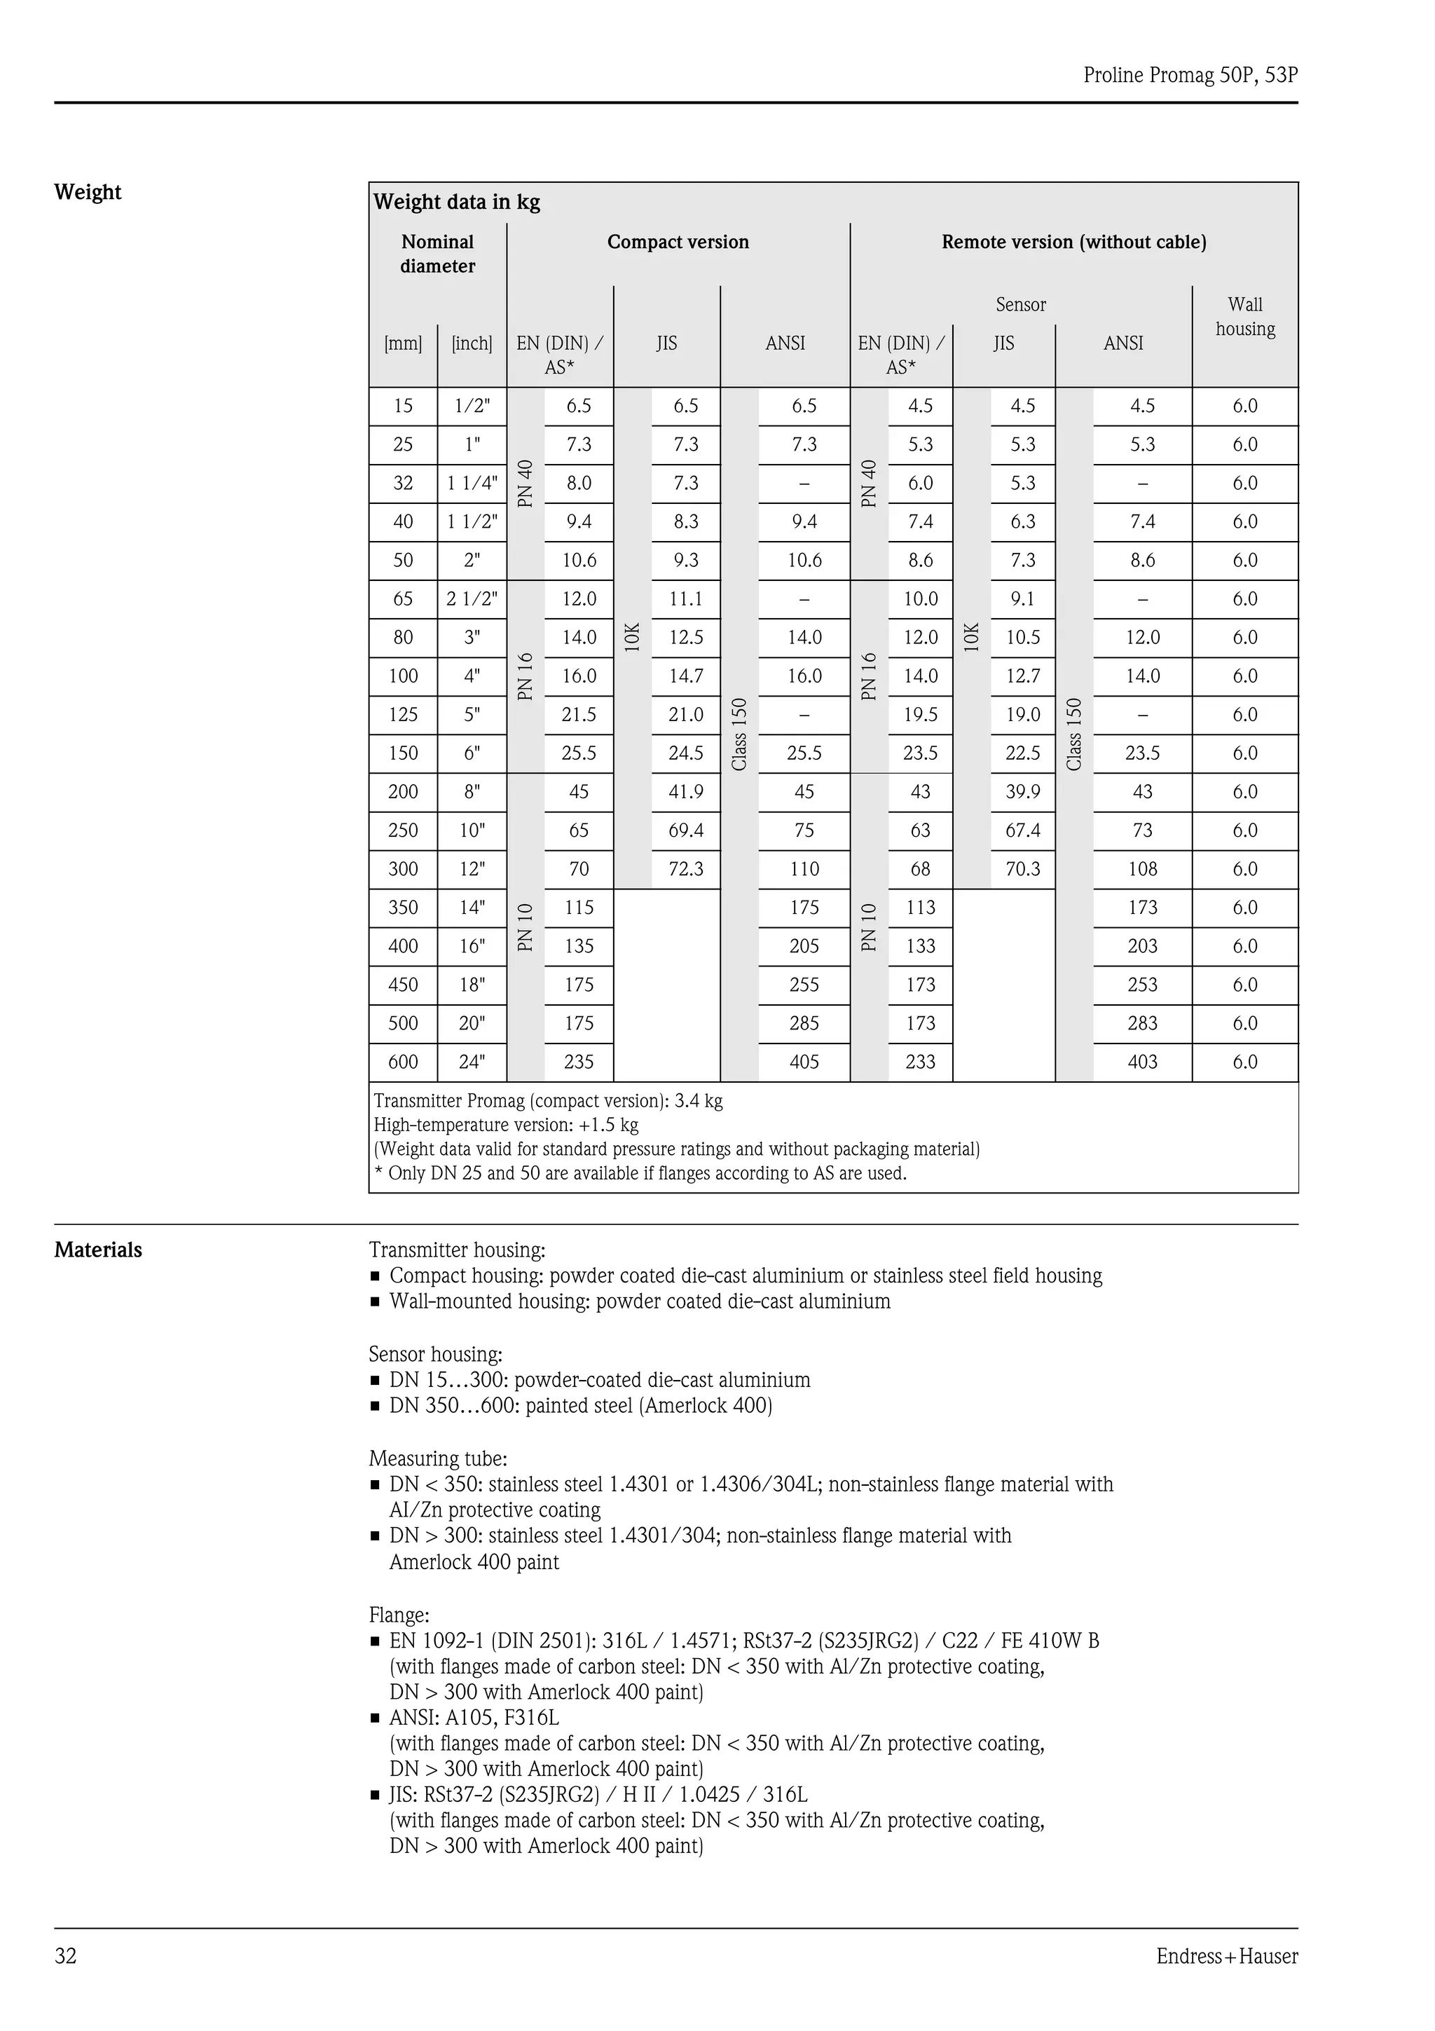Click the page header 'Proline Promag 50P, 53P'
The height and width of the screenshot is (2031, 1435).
click(x=1190, y=75)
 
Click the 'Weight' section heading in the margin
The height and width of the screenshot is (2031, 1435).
click(x=88, y=192)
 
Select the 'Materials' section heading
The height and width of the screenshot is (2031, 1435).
click(x=98, y=1250)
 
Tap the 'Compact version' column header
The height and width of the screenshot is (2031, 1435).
click(x=678, y=242)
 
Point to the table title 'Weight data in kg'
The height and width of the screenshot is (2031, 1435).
click(x=456, y=202)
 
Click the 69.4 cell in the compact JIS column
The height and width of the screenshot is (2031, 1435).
click(x=685, y=830)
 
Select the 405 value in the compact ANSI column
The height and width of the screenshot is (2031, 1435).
click(x=804, y=1062)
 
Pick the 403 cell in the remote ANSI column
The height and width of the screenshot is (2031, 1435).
click(x=1141, y=1062)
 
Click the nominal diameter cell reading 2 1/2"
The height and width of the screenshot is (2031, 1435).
click(x=472, y=599)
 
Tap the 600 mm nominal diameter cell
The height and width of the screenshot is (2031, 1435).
click(x=402, y=1062)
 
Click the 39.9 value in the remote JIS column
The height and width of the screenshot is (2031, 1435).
click(x=1022, y=792)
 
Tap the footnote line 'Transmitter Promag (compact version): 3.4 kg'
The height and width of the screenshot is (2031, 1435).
click(x=547, y=1101)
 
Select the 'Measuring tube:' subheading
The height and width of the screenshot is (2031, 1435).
click(x=438, y=1458)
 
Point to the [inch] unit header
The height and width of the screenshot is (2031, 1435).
click(x=472, y=343)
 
